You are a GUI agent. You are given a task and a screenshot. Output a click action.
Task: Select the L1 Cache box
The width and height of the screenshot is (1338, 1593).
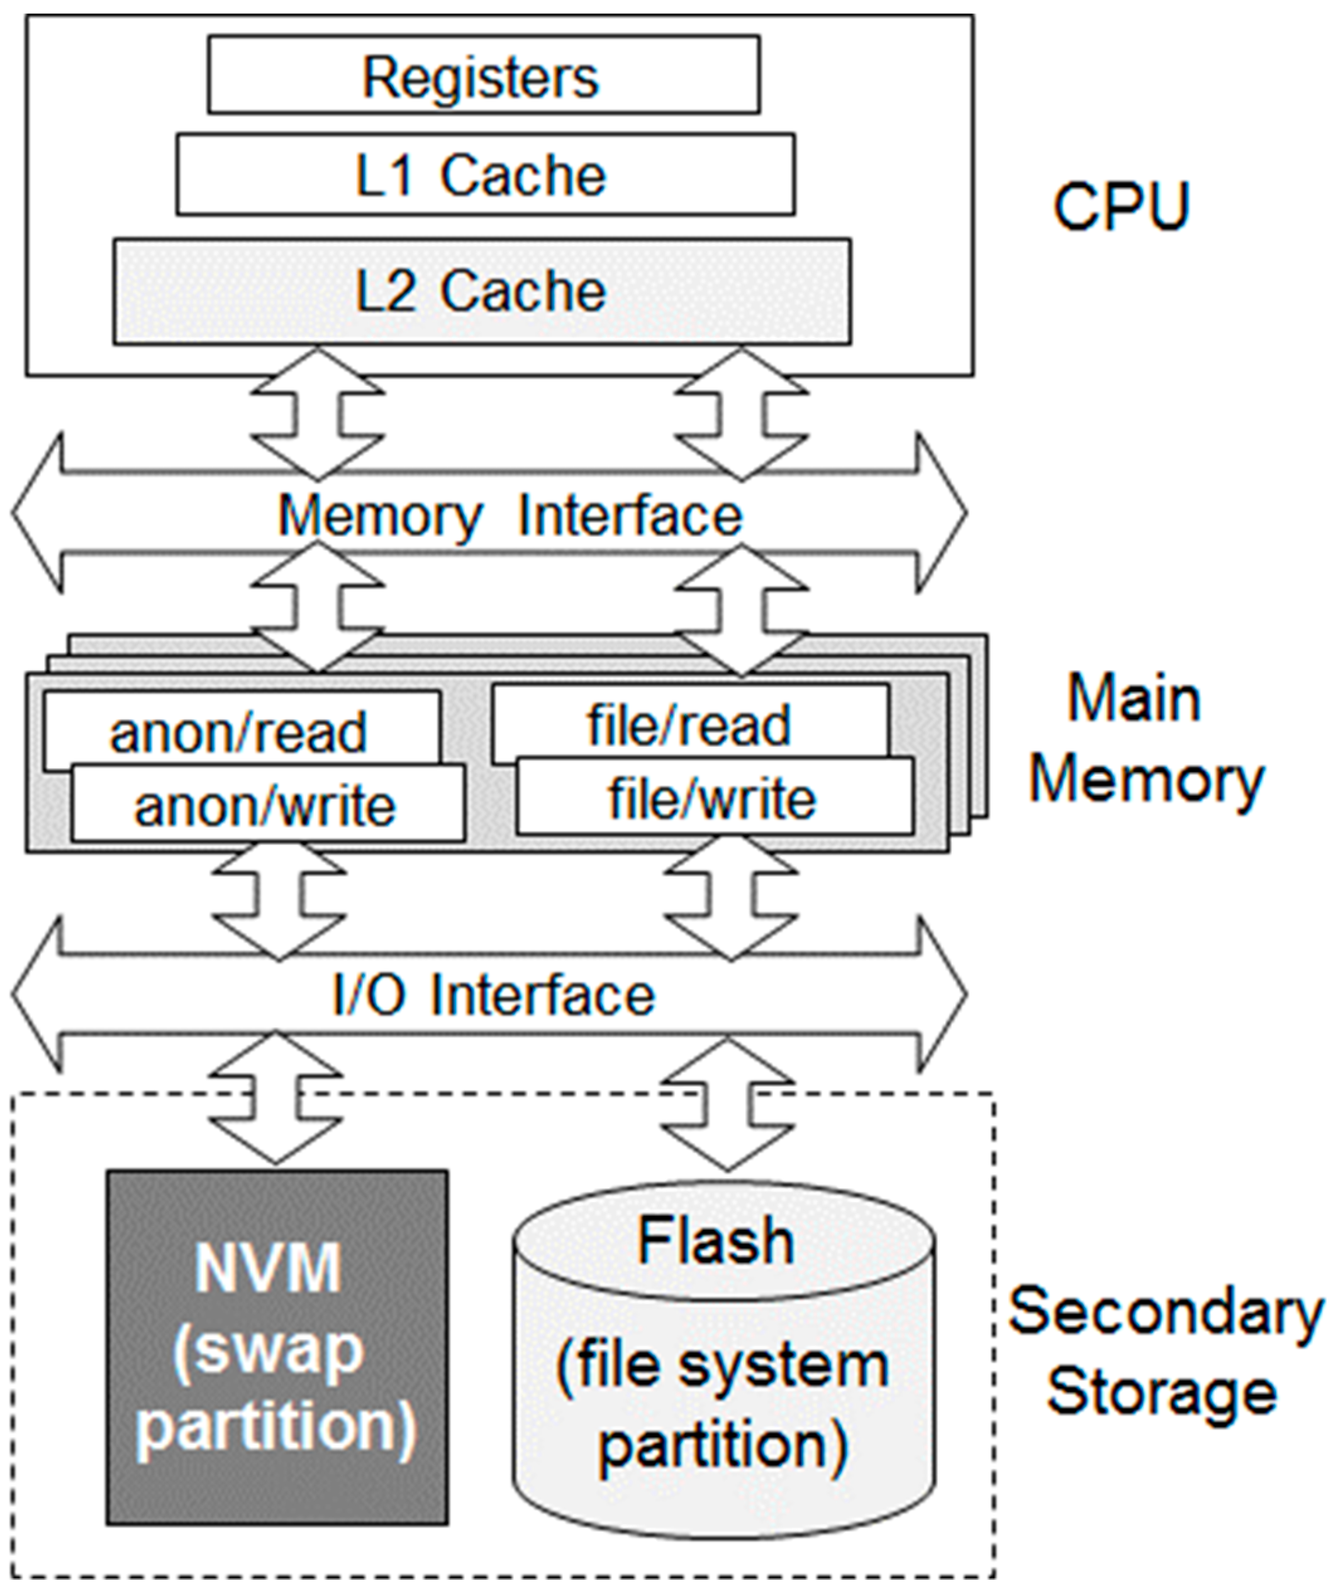pos(485,175)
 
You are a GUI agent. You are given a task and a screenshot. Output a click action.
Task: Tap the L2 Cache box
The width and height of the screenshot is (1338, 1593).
pos(482,291)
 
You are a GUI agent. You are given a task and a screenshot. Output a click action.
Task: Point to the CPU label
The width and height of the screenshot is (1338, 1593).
pos(1120,206)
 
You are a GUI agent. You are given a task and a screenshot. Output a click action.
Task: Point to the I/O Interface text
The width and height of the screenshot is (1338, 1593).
pos(493,995)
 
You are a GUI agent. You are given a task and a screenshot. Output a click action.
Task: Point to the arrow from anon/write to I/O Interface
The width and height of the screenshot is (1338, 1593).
pos(279,903)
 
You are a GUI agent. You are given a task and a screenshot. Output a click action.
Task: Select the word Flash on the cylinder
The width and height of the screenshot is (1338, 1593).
pos(716,1242)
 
